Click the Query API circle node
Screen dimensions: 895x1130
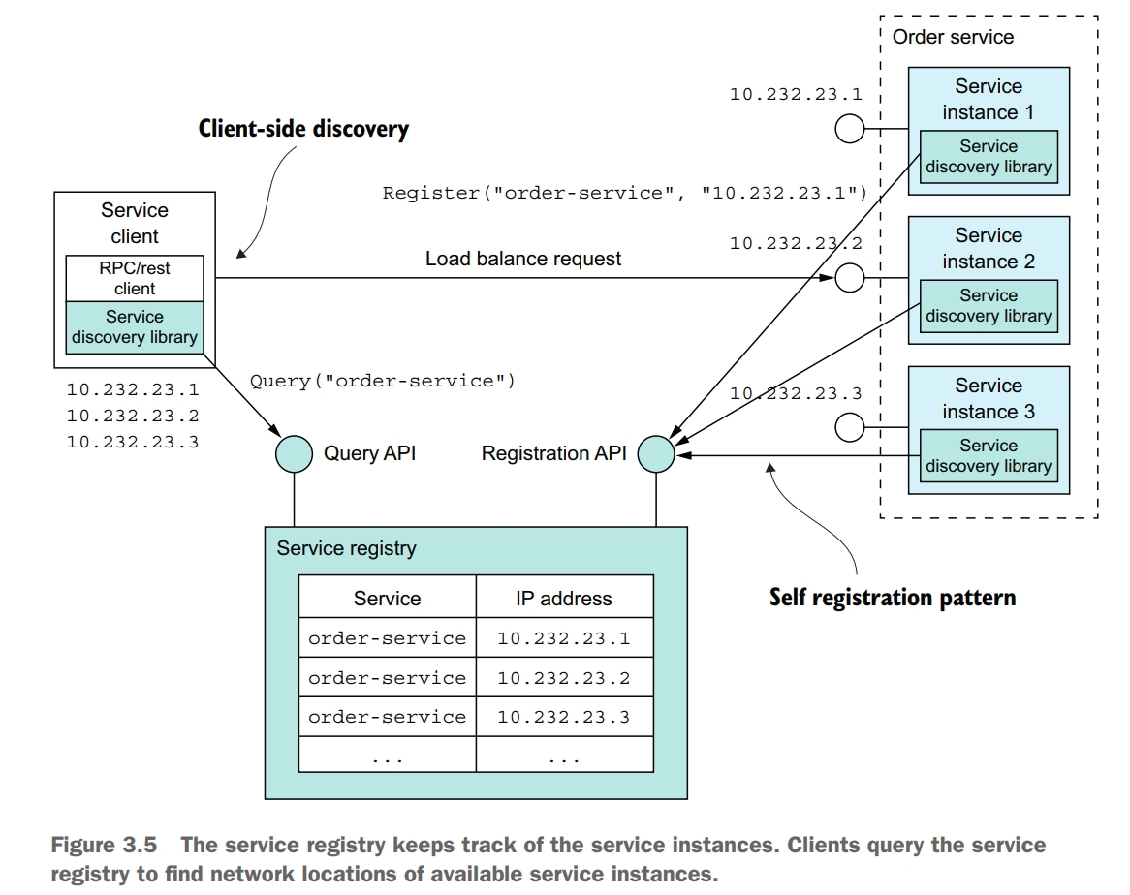pyautogui.click(x=293, y=452)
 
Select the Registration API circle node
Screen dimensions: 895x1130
pyautogui.click(x=656, y=452)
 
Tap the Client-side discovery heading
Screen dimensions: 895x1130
pyautogui.click(x=303, y=129)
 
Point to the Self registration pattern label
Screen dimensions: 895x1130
pyautogui.click(x=893, y=597)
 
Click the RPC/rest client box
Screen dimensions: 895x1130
pyautogui.click(x=135, y=278)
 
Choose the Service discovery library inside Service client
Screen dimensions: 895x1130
pyautogui.click(x=135, y=327)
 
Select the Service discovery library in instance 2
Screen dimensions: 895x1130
pyautogui.click(x=988, y=306)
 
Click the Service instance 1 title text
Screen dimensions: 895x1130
pyautogui.click(x=988, y=99)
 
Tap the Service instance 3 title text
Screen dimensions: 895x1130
pyautogui.click(x=988, y=398)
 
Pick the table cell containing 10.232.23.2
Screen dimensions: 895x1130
pyautogui.click(x=563, y=678)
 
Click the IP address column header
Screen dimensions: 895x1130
pyautogui.click(x=563, y=599)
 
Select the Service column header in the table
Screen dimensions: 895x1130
pyautogui.click(x=387, y=599)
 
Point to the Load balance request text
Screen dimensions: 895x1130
pyautogui.click(x=523, y=259)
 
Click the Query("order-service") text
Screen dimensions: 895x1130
pyautogui.click(x=383, y=381)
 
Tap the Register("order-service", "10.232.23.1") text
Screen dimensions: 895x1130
pyautogui.click(x=625, y=192)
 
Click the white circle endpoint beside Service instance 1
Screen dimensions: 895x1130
pyautogui.click(x=850, y=129)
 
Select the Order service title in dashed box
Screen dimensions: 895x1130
pyautogui.click(x=953, y=37)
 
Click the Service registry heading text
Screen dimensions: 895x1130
pyautogui.click(x=346, y=548)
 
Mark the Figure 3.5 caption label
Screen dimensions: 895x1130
pyautogui.click(x=103, y=846)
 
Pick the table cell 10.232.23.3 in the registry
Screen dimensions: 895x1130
pyautogui.click(x=563, y=717)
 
